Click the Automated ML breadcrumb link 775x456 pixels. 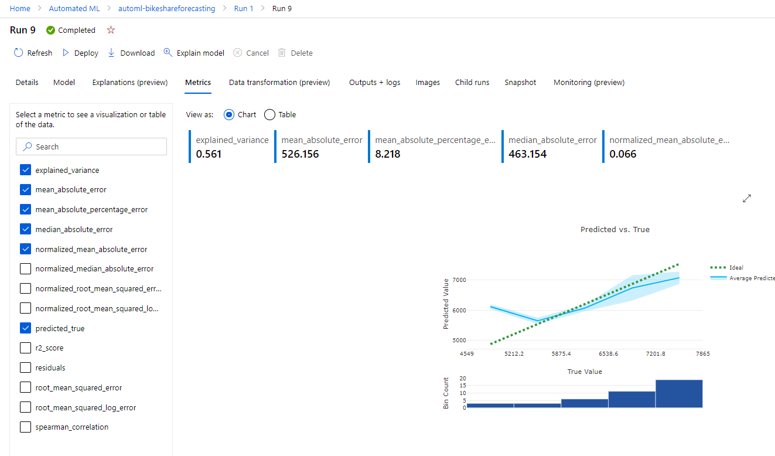pos(74,9)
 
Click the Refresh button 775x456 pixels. pos(33,53)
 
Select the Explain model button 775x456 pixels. pos(194,53)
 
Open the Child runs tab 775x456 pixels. pos(472,83)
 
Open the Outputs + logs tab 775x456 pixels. pos(374,83)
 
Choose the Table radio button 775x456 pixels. pos(270,115)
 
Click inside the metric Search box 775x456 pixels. pos(91,147)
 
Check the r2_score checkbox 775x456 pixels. pos(25,348)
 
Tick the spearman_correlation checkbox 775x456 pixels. pos(25,427)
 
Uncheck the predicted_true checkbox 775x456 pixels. pos(25,328)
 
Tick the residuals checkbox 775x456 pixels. pos(25,368)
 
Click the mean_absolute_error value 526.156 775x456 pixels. pos(300,154)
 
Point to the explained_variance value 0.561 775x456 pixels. pos(209,154)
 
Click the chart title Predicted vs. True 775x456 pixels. pos(614,230)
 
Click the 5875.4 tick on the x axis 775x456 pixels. pos(561,354)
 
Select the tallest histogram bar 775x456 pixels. pos(678,393)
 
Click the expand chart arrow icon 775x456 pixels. pos(747,199)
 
